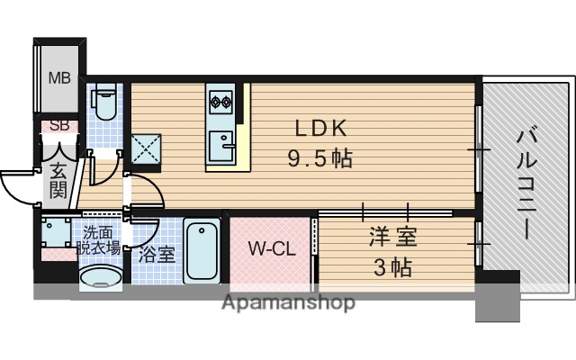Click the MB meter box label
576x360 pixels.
coord(59,77)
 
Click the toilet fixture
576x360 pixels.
coord(104,104)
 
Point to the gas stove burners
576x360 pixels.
coord(220,100)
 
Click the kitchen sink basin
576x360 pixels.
coord(220,142)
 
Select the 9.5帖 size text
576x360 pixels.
coord(319,159)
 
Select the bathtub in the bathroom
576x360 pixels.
coord(202,251)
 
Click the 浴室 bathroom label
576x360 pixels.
coord(157,255)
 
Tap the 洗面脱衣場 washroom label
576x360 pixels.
coord(99,239)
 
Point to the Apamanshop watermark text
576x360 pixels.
coord(287,302)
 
